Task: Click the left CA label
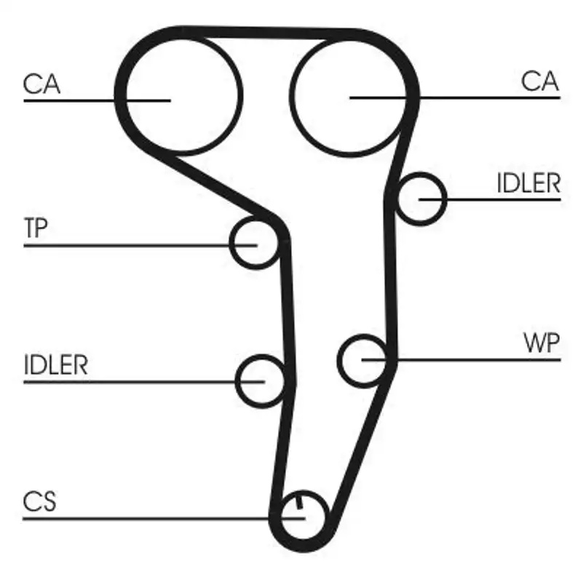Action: tap(41, 84)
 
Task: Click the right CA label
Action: tap(539, 81)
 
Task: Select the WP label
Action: tap(542, 343)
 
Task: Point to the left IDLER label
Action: tap(55, 364)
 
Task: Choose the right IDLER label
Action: tap(528, 183)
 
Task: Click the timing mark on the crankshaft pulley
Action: tap(299, 503)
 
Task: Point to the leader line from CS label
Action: tap(146, 519)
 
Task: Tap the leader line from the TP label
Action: tap(131, 245)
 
